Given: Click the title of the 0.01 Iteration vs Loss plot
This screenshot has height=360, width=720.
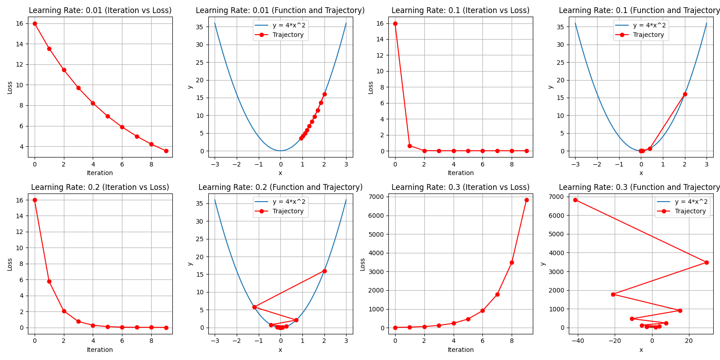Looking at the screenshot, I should pos(100,10).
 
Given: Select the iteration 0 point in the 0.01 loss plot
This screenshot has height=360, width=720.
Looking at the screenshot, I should pos(35,23).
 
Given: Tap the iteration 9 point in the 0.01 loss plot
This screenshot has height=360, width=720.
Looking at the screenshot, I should pos(166,151).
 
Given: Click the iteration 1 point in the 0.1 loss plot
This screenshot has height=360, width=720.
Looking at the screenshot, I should pos(409,146).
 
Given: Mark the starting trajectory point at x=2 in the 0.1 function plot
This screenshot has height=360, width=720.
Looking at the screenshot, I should pos(685,94).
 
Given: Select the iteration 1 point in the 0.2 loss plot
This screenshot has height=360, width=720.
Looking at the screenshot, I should pos(49,281).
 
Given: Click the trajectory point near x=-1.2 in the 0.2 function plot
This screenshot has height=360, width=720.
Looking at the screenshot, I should pos(254,307).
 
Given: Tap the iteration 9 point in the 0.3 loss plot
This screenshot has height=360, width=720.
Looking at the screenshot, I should pos(526,200).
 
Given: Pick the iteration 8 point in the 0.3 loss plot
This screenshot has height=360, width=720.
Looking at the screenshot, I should pos(512,262).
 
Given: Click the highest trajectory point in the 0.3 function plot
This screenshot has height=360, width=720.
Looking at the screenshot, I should pos(575,200).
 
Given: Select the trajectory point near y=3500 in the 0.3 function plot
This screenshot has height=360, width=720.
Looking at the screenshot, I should pos(706,262).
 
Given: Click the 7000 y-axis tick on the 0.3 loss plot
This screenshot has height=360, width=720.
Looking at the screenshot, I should pos(376,197).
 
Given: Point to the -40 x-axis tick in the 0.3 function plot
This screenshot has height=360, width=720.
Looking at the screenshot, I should pos(578,341).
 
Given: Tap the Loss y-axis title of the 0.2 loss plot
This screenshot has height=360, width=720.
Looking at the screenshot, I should pos(10,264).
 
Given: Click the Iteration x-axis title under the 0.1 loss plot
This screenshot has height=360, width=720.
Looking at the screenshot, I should pos(460,173).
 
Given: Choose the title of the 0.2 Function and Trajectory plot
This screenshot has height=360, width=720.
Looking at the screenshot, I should pos(280,187).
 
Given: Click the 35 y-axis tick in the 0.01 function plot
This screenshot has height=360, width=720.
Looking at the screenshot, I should pos(199,27).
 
